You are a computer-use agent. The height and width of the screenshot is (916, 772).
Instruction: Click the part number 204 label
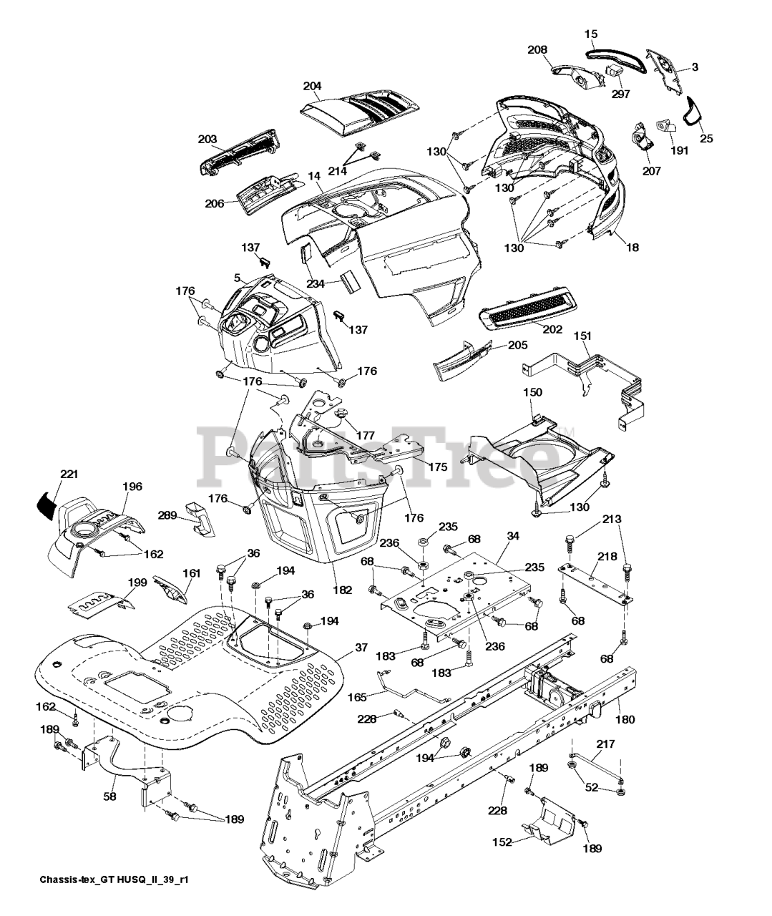click(x=313, y=86)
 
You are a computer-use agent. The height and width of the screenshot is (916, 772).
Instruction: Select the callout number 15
click(x=591, y=34)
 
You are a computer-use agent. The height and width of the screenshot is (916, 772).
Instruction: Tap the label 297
click(x=620, y=94)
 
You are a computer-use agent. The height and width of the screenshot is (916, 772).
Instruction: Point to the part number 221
click(x=69, y=474)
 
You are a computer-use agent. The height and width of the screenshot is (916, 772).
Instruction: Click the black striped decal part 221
click(x=48, y=505)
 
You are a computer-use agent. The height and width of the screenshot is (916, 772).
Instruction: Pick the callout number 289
click(x=167, y=515)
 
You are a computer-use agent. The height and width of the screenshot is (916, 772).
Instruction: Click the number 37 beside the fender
click(x=361, y=648)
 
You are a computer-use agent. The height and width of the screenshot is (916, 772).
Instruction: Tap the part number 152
click(x=502, y=842)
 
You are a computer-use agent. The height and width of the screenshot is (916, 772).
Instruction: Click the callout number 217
click(x=605, y=744)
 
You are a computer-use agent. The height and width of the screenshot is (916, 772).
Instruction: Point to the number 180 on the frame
click(x=625, y=719)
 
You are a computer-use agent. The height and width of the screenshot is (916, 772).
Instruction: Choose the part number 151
click(x=582, y=336)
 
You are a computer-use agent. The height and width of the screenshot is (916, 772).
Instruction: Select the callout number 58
click(x=109, y=796)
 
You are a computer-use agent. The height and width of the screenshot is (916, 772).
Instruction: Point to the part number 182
click(x=342, y=590)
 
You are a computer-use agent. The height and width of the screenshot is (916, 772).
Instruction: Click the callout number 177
click(x=366, y=435)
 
